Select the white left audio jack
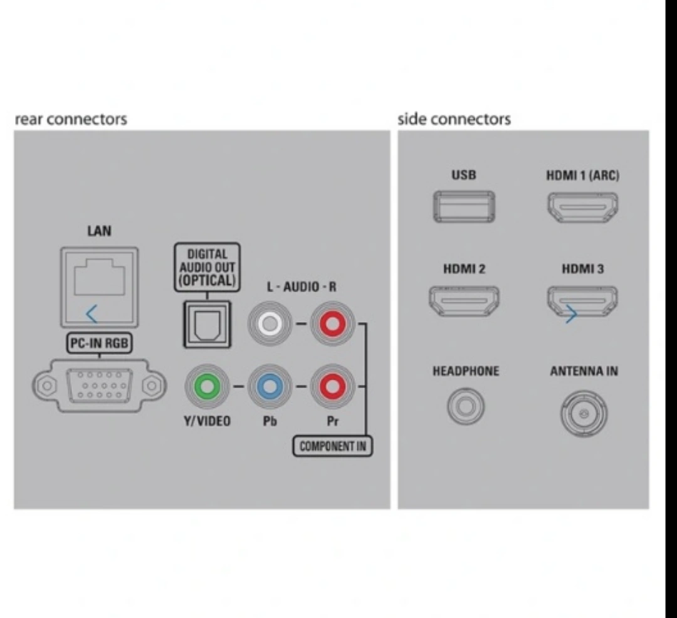[x=270, y=324]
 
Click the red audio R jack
[x=332, y=324]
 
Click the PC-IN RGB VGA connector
[x=99, y=385]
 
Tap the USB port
[x=464, y=207]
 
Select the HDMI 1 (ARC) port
[x=583, y=207]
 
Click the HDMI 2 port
[x=464, y=301]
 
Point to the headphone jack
[x=465, y=406]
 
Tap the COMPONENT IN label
[x=332, y=446]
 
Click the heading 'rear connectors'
[x=70, y=119]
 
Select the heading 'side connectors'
[x=454, y=119]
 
